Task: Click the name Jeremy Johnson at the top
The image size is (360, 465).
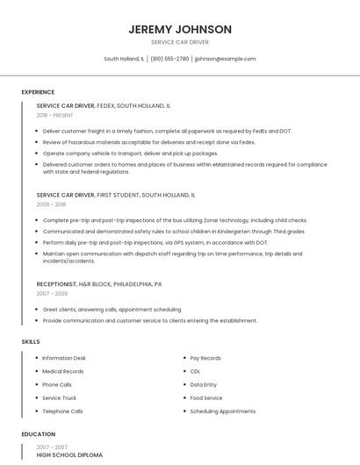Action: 180,29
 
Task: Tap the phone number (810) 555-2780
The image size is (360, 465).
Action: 169,59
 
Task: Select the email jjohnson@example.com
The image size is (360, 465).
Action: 226,59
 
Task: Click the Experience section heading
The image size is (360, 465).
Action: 38,92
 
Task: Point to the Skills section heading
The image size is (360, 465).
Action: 31,340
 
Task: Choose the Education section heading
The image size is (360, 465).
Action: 38,433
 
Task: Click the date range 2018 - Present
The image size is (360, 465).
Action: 55,115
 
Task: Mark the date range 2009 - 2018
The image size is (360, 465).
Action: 51,204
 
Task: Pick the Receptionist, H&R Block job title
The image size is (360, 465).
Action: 99,284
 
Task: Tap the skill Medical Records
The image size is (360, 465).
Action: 63,371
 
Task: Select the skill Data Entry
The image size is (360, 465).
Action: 203,384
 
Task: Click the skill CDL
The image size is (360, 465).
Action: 195,371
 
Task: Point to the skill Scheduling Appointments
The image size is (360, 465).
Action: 223,411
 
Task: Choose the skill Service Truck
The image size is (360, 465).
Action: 60,397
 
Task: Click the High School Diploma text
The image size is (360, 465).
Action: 69,455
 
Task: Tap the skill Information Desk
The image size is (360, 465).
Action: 64,358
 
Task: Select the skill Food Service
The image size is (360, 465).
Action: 206,397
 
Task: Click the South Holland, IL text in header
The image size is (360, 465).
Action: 125,59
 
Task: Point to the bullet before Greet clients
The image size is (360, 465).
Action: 38,310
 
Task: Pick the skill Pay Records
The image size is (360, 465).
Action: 205,358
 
